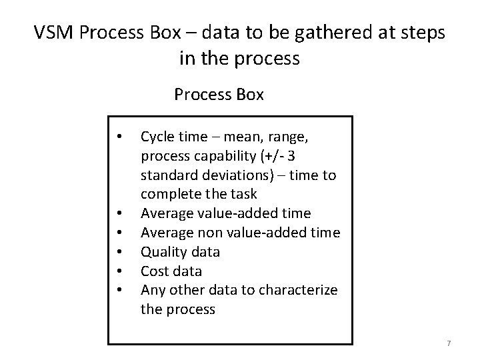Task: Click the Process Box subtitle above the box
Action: coord(219,95)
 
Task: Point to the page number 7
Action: coord(449,343)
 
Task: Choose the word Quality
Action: coord(161,253)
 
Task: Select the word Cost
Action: coord(153,271)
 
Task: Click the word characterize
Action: coord(305,291)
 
